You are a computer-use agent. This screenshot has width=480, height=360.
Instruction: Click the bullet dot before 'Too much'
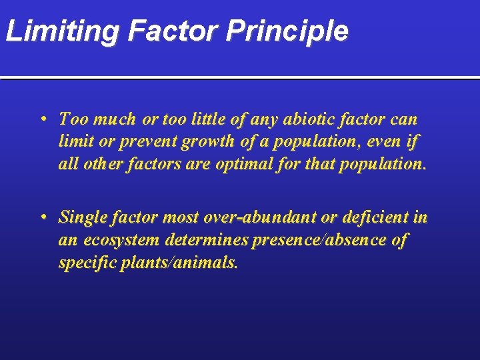click(42, 120)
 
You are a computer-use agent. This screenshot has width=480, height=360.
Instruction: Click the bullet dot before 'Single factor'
click(42, 217)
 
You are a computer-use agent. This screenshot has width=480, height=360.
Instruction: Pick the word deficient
click(373, 217)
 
